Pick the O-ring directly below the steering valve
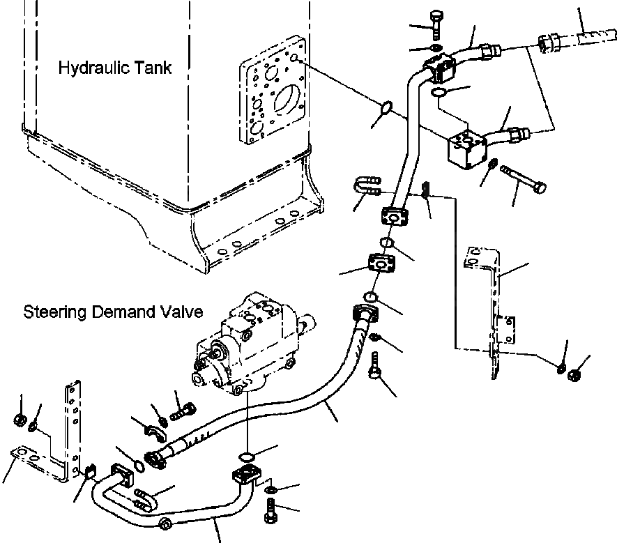click(245, 457)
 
